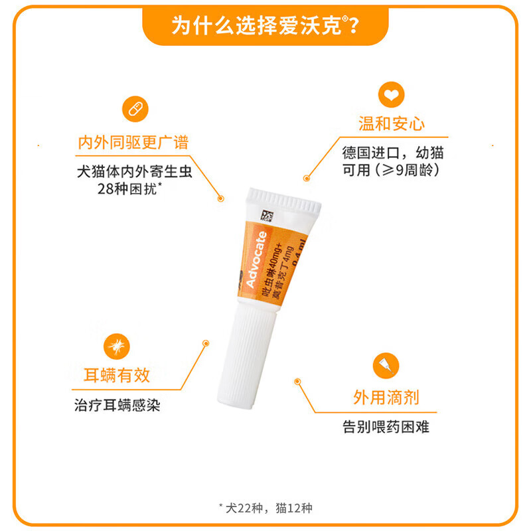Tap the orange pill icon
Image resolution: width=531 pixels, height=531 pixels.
coord(135,108)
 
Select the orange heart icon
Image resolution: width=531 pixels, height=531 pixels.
coord(391,94)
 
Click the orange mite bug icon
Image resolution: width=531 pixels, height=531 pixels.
coord(117,345)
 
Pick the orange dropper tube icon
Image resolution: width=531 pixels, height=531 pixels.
coord(386,364)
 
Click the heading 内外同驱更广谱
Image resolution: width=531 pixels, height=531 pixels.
coord(133,142)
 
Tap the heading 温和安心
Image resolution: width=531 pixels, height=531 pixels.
coord(392,124)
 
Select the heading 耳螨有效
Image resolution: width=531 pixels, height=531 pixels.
coord(117,376)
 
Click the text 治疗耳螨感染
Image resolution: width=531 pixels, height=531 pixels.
coord(117,405)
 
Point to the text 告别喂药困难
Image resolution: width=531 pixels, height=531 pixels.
coord(386,426)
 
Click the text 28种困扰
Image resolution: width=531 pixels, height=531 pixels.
coord(130,189)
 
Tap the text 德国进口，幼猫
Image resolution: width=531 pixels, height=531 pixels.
coord(393,153)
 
